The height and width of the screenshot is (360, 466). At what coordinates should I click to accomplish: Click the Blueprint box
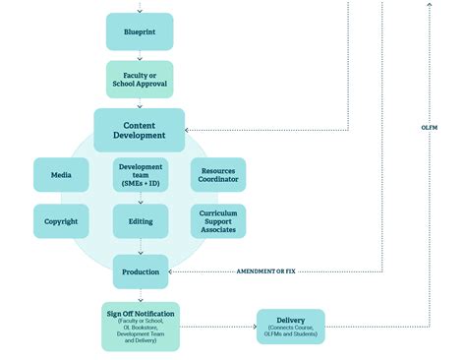140,32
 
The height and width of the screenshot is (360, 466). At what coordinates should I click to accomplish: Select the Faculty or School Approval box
140,80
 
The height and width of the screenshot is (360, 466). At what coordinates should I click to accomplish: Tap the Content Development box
140,130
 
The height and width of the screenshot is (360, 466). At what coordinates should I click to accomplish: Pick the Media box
61,174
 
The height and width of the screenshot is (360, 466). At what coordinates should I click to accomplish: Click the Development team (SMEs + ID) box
140,174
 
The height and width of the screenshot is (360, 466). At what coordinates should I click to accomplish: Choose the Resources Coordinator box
218,174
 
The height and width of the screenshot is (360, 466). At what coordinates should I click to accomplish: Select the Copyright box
61,221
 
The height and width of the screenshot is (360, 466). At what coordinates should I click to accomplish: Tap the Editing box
140,221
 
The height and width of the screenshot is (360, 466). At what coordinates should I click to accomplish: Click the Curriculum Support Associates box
218,221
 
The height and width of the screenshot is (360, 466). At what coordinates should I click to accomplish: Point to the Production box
140,270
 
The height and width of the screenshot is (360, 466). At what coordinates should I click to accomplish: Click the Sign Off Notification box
140,327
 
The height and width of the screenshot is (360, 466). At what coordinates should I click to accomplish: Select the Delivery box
290,326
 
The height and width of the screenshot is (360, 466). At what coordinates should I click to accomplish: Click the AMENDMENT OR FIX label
265,270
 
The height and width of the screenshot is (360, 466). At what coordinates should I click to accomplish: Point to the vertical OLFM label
430,129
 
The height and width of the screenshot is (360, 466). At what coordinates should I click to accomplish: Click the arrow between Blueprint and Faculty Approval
140,56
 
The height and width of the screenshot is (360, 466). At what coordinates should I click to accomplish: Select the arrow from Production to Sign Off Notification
140,294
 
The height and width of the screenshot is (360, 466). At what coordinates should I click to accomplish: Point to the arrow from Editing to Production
140,246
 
